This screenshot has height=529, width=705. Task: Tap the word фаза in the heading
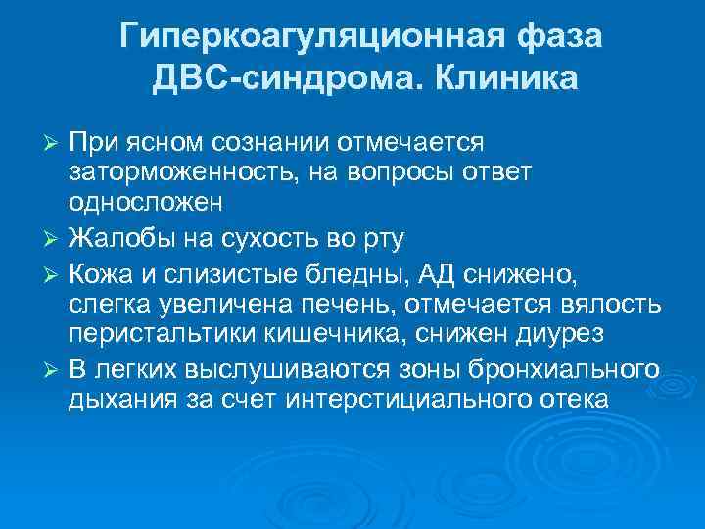click(x=555, y=38)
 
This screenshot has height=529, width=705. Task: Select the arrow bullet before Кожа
click(x=54, y=272)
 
